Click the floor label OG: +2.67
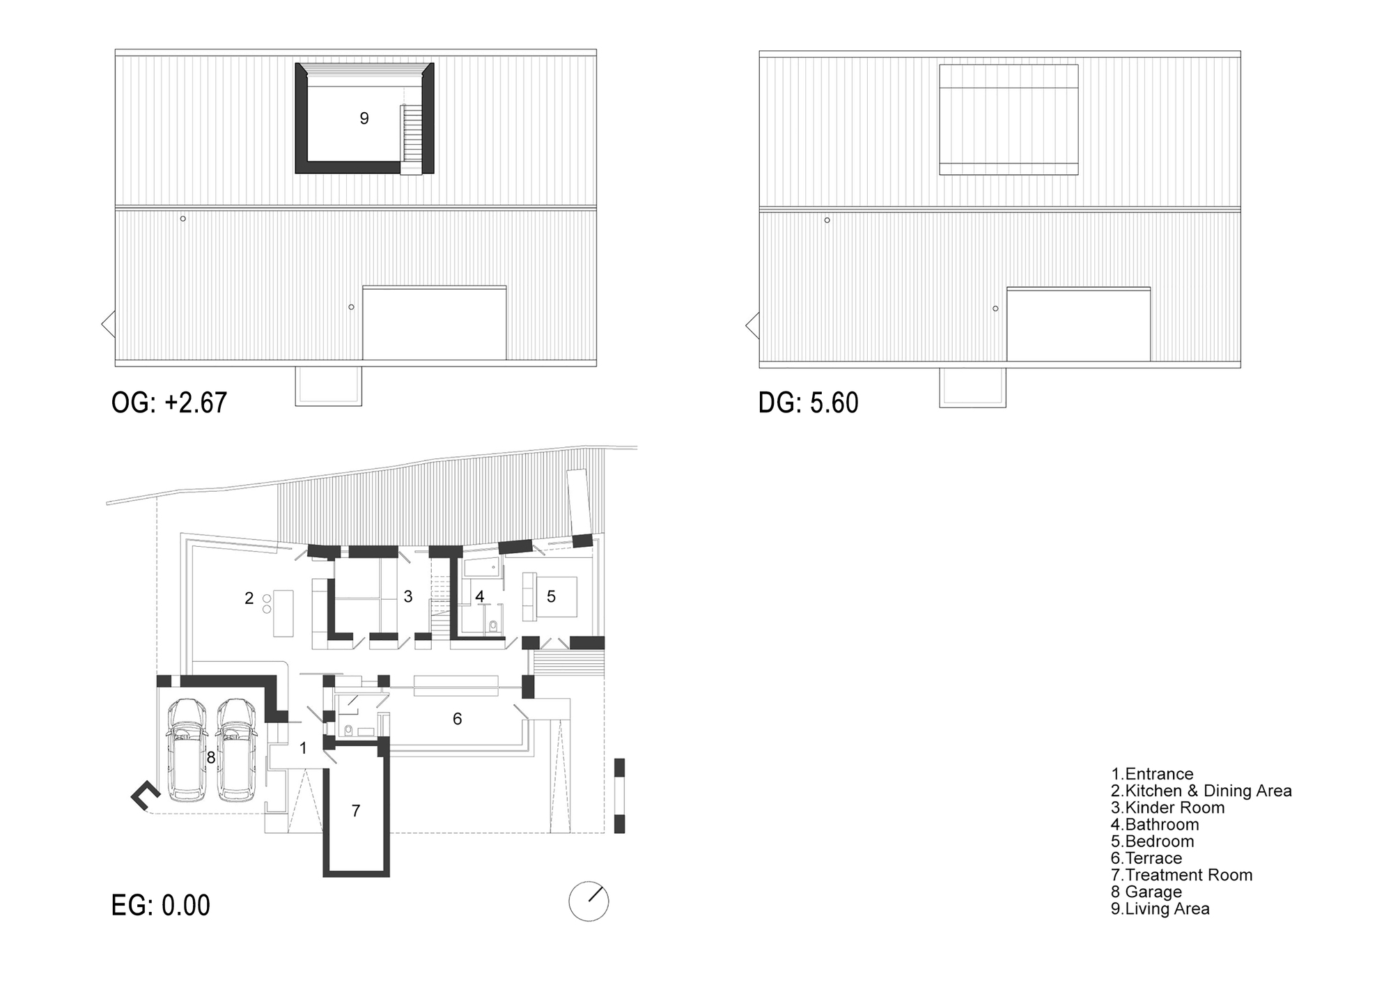tap(169, 403)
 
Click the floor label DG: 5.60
tap(809, 403)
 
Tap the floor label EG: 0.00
tap(161, 906)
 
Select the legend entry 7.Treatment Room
tap(1181, 875)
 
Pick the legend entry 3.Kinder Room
tap(1167, 808)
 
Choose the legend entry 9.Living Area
tap(1160, 908)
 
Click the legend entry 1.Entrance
tap(1152, 774)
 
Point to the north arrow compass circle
tap(589, 901)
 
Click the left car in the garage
tap(187, 750)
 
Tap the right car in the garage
tap(235, 750)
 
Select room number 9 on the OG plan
tap(364, 119)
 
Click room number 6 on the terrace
tap(457, 719)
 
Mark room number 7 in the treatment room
tap(356, 811)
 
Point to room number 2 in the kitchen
tap(249, 598)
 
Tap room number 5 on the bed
tap(551, 596)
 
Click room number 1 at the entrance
tap(303, 749)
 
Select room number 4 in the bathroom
tap(479, 597)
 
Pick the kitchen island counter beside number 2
tap(283, 612)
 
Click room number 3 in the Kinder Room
tap(408, 596)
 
